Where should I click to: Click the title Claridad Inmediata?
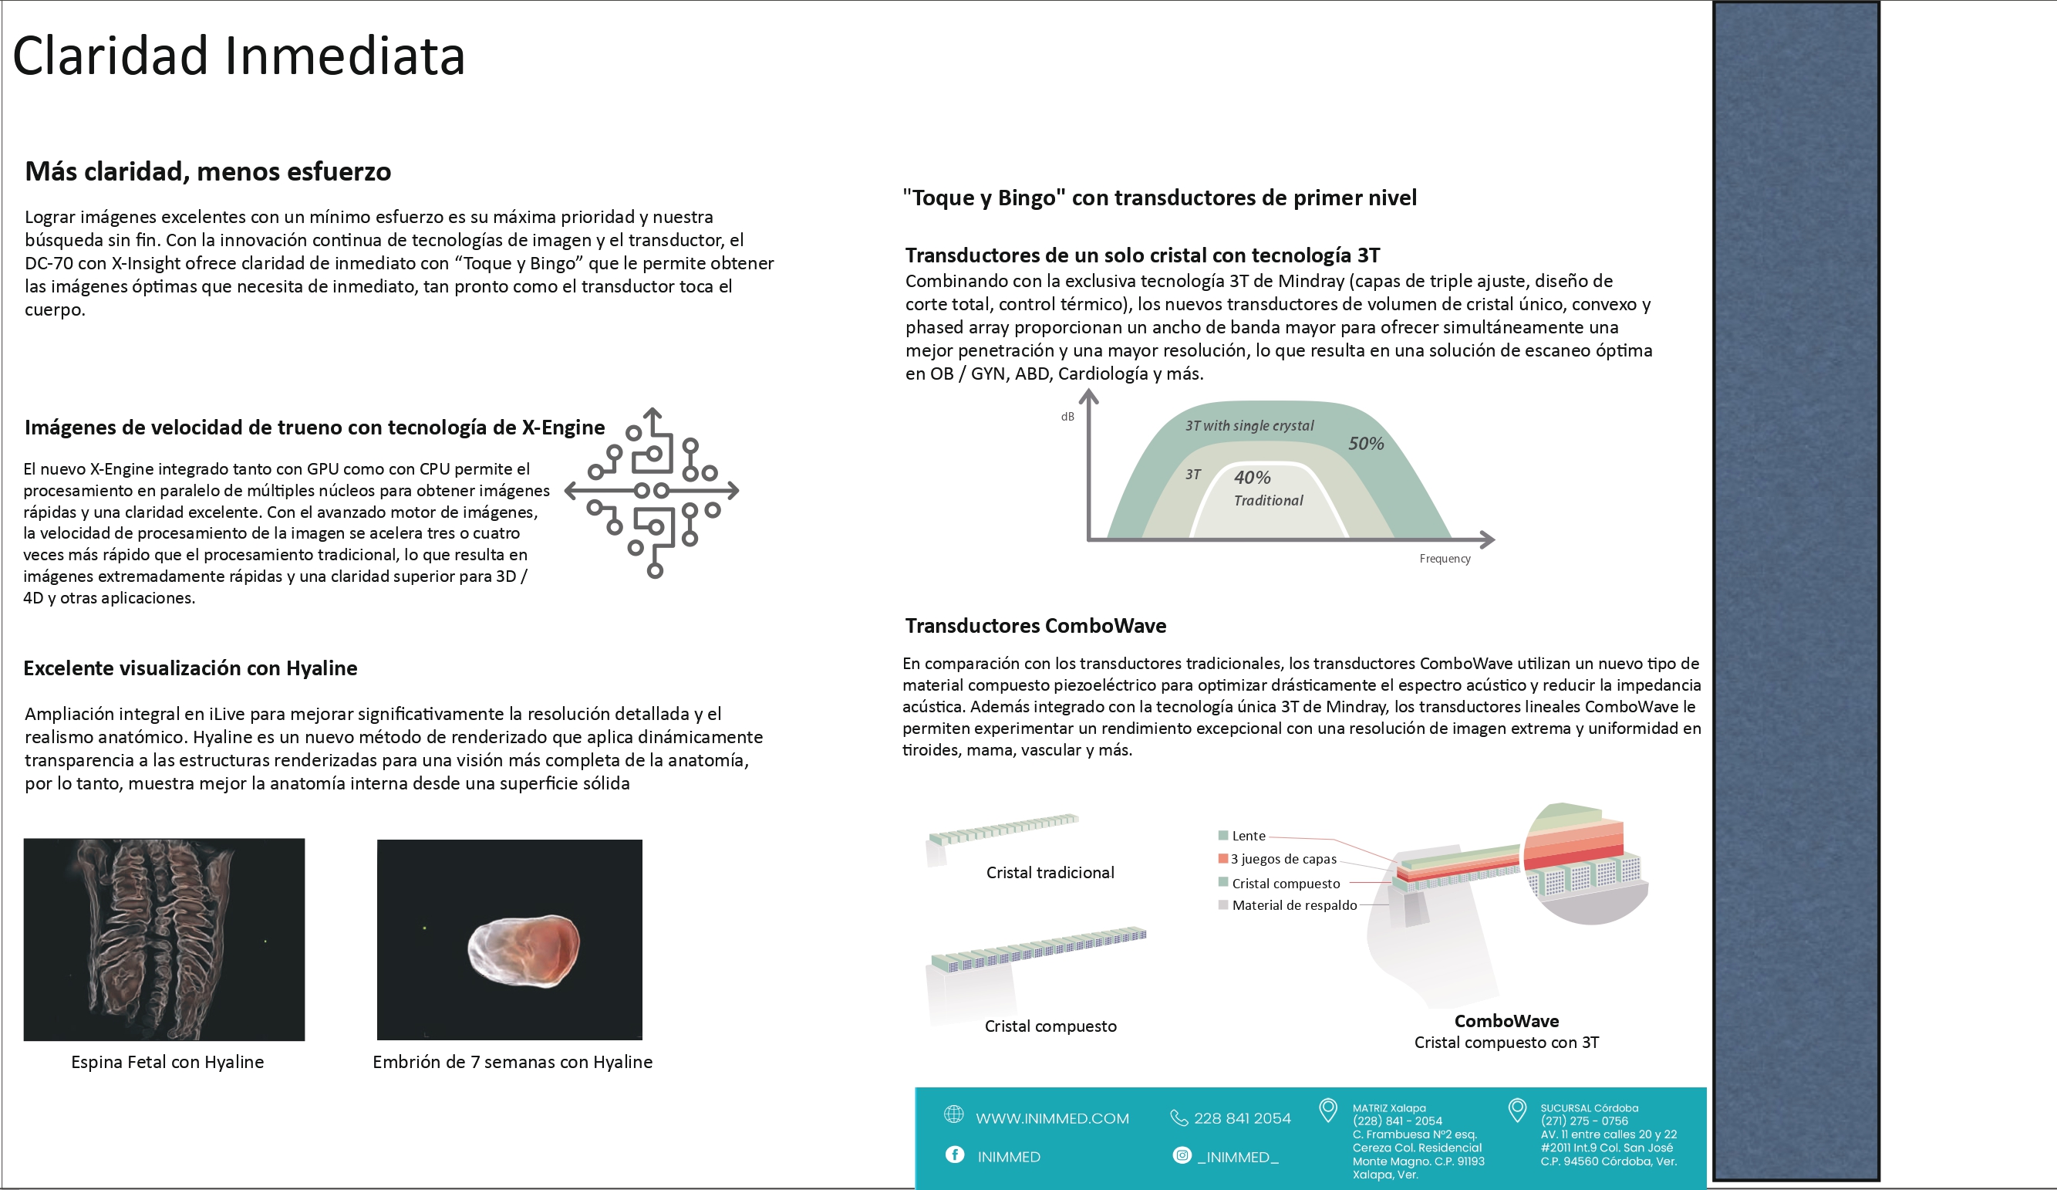(x=238, y=56)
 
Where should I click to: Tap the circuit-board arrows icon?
(x=652, y=492)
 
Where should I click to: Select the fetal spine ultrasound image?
(x=164, y=939)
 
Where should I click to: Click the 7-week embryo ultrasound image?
(x=509, y=939)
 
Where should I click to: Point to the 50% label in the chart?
(x=1366, y=444)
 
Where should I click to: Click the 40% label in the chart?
(x=1252, y=477)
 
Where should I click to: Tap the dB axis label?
(x=1067, y=417)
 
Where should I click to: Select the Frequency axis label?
(x=1444, y=559)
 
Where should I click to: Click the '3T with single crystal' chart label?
(x=1249, y=425)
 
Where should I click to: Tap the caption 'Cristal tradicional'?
(x=1050, y=872)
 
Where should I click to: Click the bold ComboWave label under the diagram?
(x=1506, y=1021)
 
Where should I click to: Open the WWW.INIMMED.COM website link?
(x=1052, y=1118)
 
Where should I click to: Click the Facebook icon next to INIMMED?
(x=954, y=1154)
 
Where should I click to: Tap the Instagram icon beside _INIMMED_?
(x=1181, y=1155)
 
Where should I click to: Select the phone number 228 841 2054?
(x=1242, y=1118)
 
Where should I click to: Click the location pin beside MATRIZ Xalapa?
(x=1328, y=1109)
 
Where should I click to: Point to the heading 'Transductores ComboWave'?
(x=1035, y=626)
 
